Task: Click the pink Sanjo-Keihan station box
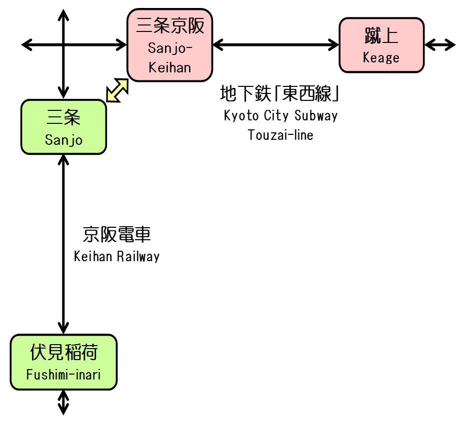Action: [x=170, y=45]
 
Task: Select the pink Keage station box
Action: [x=381, y=45]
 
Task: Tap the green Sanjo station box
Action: [x=63, y=127]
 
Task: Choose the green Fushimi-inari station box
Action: [x=63, y=362]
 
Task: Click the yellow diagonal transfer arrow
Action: [x=117, y=90]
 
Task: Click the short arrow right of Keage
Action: [x=440, y=45]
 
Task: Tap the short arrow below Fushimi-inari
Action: [x=63, y=403]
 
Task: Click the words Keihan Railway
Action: [x=116, y=257]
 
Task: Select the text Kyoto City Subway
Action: [x=280, y=116]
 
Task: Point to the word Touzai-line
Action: [x=280, y=135]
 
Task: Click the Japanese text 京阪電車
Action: [x=116, y=234]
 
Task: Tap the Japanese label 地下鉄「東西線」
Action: [x=280, y=93]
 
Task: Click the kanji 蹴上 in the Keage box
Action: [x=381, y=35]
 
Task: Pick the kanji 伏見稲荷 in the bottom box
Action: [x=63, y=353]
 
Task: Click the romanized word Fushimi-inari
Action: [x=63, y=375]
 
